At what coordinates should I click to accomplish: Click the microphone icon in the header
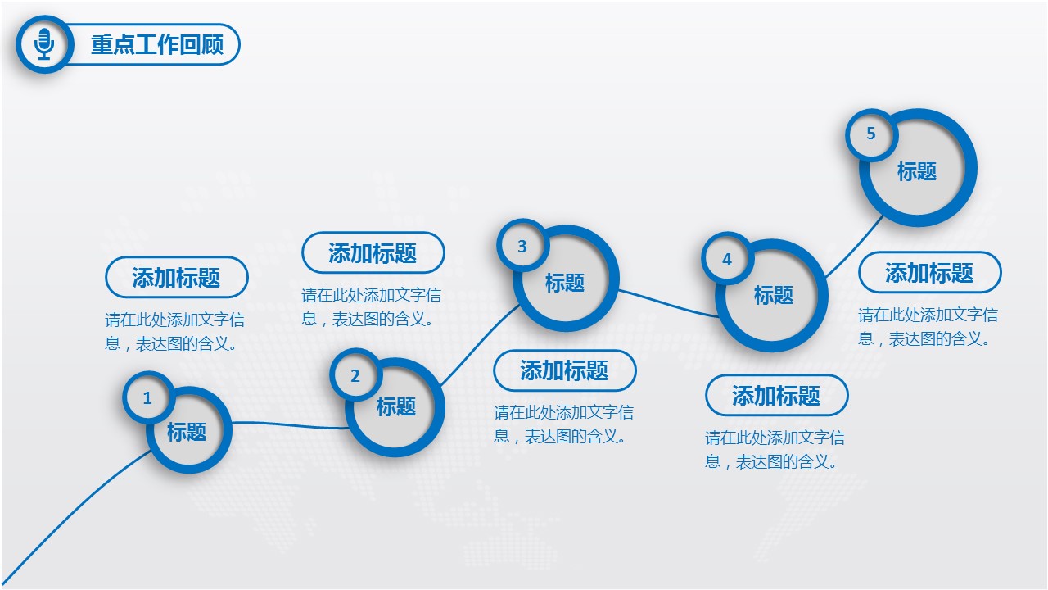(x=44, y=44)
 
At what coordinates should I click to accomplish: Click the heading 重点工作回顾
(x=157, y=44)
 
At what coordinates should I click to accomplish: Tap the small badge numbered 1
(x=148, y=398)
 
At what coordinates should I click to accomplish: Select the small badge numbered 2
(x=355, y=375)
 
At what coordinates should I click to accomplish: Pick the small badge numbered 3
(x=522, y=245)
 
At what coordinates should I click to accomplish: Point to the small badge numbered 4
(x=726, y=258)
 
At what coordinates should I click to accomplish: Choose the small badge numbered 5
(x=870, y=134)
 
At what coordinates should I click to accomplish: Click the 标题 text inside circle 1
(x=187, y=432)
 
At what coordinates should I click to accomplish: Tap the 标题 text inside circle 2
(x=396, y=406)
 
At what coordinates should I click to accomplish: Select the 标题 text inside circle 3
(x=565, y=283)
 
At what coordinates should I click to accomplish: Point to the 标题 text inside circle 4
(x=774, y=295)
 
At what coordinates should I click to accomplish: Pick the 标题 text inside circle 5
(x=916, y=171)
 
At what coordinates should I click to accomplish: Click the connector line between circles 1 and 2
(x=290, y=425)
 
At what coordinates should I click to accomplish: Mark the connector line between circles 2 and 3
(x=480, y=346)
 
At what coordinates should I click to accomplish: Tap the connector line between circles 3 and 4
(x=668, y=304)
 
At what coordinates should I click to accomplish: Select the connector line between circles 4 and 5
(x=854, y=247)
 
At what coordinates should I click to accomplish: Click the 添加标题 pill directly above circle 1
(x=176, y=277)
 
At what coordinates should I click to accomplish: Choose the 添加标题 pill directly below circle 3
(x=565, y=370)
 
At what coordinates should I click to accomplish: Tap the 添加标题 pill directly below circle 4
(x=777, y=395)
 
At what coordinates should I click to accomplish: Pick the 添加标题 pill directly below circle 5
(x=929, y=273)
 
